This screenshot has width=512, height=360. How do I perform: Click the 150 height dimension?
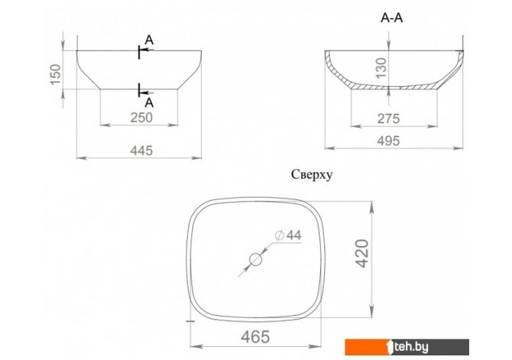(56, 74)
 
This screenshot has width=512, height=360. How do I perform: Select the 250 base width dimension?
(141, 118)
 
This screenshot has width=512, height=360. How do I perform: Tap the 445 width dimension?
(141, 151)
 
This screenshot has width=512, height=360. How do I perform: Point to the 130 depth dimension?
(381, 68)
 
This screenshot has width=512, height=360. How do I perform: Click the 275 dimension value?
(388, 119)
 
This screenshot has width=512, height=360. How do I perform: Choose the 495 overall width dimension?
(388, 141)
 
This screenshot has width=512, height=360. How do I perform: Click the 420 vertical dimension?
(362, 254)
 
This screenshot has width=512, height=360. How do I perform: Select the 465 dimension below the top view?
(255, 337)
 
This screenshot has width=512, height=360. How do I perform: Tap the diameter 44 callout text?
(288, 235)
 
